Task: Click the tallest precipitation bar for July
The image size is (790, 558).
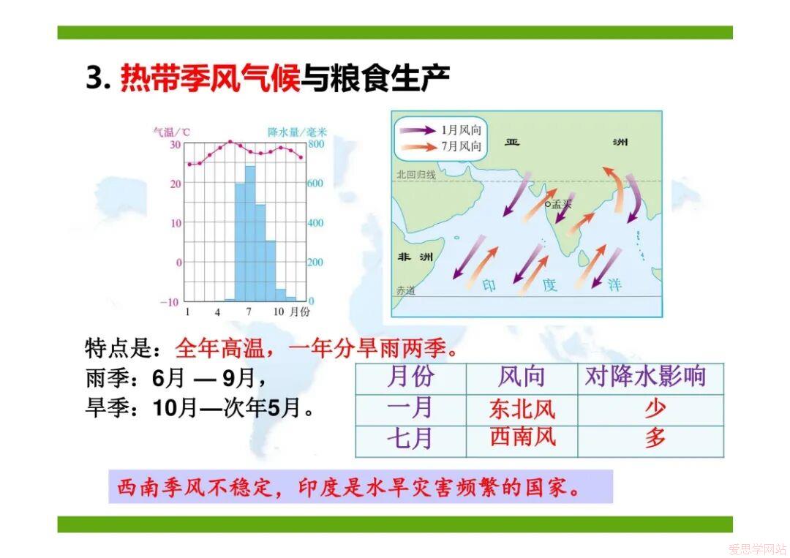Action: click(x=250, y=233)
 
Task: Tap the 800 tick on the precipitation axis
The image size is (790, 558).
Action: click(x=316, y=144)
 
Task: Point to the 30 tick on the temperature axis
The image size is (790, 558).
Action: click(x=175, y=145)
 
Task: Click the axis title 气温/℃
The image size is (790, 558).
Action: click(x=171, y=132)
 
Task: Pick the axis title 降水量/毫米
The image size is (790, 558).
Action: click(x=297, y=132)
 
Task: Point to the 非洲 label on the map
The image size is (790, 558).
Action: click(x=415, y=257)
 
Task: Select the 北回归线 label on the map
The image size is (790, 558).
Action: click(x=415, y=174)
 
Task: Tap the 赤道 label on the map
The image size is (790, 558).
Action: click(x=405, y=290)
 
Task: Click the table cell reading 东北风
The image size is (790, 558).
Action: click(x=522, y=410)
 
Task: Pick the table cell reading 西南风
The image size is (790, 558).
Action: click(x=522, y=437)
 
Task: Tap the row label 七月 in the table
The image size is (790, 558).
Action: click(x=410, y=437)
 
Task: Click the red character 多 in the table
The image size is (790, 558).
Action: click(x=655, y=437)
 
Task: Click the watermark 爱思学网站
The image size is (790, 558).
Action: click(x=757, y=548)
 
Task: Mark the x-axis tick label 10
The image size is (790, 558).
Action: click(x=279, y=312)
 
